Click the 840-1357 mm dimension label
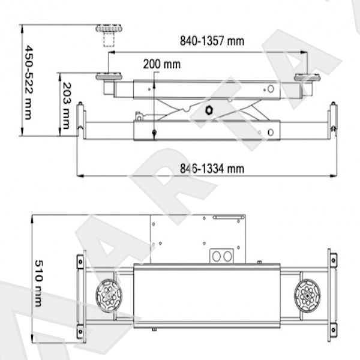pos(212,41)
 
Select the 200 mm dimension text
pos(162,64)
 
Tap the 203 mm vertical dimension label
pos(67,106)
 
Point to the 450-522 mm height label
pos(28,82)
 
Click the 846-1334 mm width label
pos(212,169)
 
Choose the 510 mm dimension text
pos(39,283)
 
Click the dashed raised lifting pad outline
pos(109,35)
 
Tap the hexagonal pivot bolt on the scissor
pos(209,110)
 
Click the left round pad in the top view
pos(109,296)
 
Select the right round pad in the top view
pos(307,296)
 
